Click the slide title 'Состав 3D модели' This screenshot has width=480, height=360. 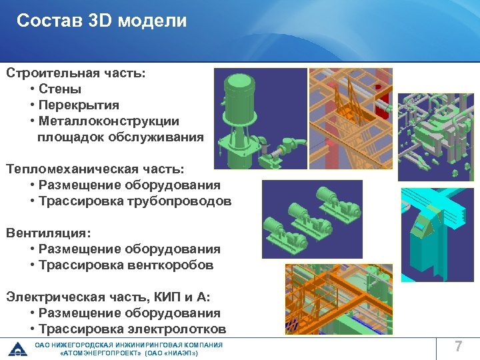[x=101, y=21]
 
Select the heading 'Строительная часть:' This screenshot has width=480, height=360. [x=74, y=73]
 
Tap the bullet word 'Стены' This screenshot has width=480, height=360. [x=60, y=89]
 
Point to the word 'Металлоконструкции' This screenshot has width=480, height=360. [x=109, y=121]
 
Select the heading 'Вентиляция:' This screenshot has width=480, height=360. [x=48, y=233]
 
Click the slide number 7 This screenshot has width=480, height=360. [x=458, y=347]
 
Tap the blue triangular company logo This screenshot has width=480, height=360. [x=17, y=349]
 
